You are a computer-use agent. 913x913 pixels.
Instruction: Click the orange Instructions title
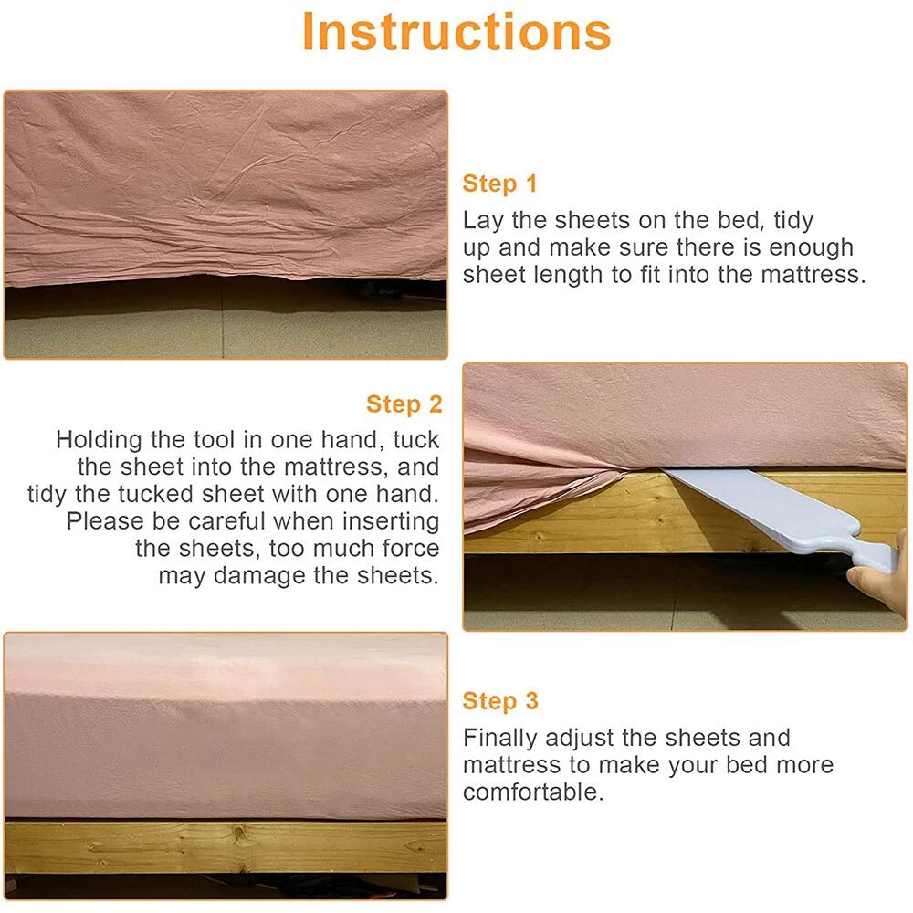[456, 32]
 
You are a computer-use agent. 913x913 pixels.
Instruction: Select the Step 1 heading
[499, 184]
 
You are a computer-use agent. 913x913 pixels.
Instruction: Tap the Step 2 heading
[404, 404]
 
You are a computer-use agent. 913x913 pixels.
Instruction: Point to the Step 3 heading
[500, 701]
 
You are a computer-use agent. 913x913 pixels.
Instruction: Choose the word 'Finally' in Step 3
[500, 739]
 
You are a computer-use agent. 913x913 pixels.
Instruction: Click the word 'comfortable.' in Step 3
[533, 792]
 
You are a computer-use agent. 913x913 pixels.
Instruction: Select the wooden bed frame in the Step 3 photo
[226, 846]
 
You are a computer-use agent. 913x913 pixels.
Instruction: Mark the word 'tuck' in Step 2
[415, 440]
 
